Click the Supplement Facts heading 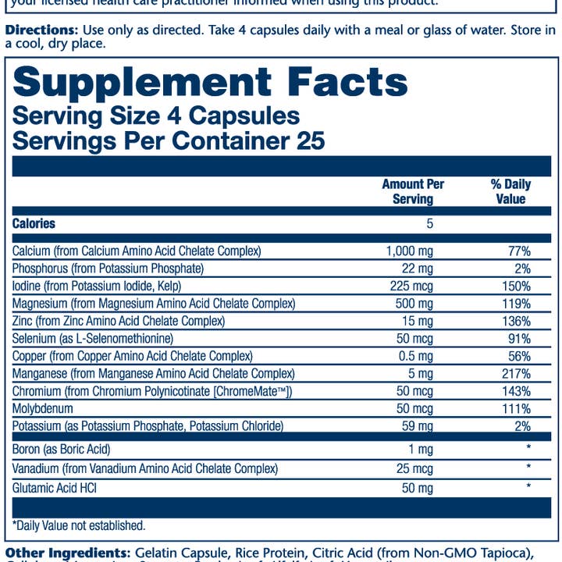point(210,82)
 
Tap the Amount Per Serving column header point(413,192)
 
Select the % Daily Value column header point(510,192)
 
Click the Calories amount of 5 point(429,224)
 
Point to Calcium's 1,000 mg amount point(409,251)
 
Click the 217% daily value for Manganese point(516,374)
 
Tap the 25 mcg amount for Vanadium point(413,469)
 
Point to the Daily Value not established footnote point(79,526)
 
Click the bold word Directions point(41,30)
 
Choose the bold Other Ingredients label point(67,553)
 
